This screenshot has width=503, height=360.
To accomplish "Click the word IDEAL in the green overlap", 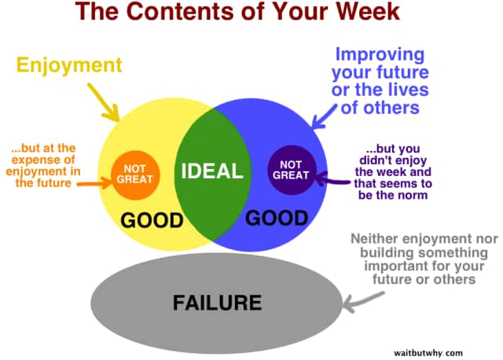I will point(212,171).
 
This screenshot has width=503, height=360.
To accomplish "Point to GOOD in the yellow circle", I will point(152,219).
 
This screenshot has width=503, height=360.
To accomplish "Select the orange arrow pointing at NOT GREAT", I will point(94,186).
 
